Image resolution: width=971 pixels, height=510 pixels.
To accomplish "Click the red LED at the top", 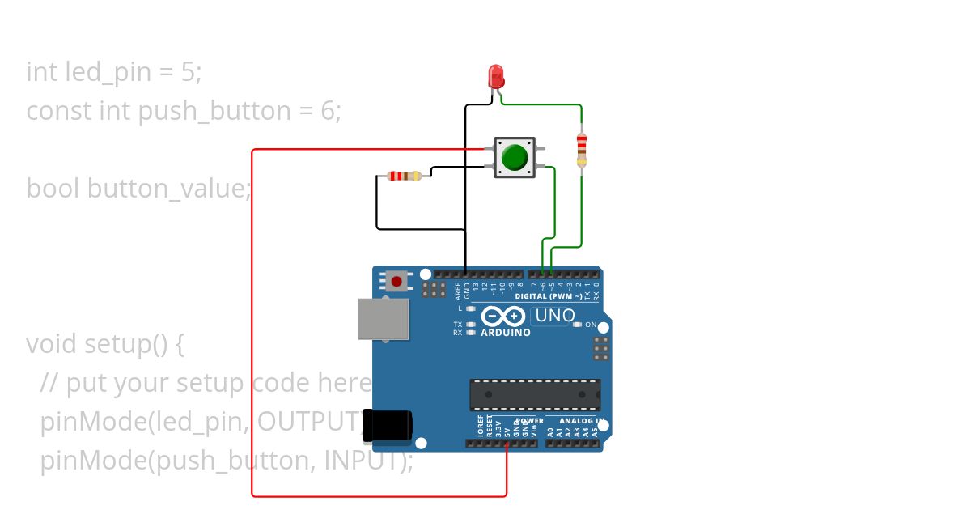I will pyautogui.click(x=496, y=77).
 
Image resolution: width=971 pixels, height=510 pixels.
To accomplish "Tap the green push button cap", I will pyautogui.click(x=514, y=156).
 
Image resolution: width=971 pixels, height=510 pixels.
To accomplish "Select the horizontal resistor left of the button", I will pyautogui.click(x=405, y=176).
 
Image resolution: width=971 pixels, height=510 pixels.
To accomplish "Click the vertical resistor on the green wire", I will pyautogui.click(x=581, y=149).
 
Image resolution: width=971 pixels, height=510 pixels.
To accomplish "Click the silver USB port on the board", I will pyautogui.click(x=384, y=319).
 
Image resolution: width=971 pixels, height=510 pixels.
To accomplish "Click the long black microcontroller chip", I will pyautogui.click(x=535, y=394).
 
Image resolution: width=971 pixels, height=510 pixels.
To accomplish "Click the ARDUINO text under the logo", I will pyautogui.click(x=506, y=333).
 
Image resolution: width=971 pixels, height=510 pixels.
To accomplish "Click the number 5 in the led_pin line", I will pyautogui.click(x=188, y=72).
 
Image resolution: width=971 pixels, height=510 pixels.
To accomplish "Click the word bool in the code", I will pyautogui.click(x=53, y=189).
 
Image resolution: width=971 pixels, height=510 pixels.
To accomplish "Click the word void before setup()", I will pyautogui.click(x=53, y=344).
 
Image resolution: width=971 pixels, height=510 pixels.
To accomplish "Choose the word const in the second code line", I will pyautogui.click(x=59, y=111).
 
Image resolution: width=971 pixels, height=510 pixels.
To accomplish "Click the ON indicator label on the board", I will pyautogui.click(x=591, y=325).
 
